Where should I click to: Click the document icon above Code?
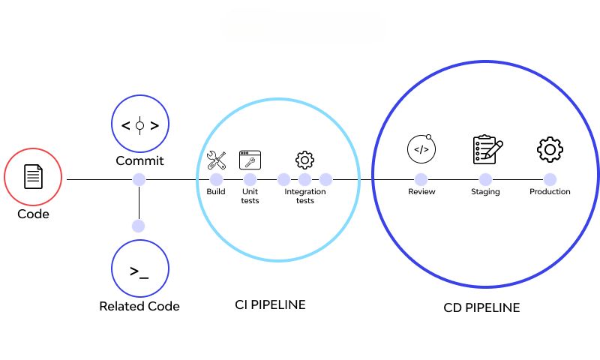click(33, 178)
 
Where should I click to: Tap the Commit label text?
click(139, 161)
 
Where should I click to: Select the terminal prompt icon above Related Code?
click(139, 271)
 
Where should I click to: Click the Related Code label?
click(139, 306)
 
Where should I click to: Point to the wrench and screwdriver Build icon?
click(217, 160)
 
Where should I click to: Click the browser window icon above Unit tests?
click(250, 160)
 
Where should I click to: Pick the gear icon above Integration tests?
click(304, 160)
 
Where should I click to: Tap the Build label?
click(216, 192)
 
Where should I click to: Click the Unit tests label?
click(250, 196)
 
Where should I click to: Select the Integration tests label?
click(304, 196)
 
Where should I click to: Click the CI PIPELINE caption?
click(270, 304)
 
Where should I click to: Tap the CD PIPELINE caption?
click(481, 307)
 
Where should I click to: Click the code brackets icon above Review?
click(421, 149)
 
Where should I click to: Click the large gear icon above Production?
click(550, 149)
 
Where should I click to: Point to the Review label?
click(421, 192)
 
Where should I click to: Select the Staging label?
click(485, 192)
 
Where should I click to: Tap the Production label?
click(550, 192)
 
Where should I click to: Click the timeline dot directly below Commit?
click(139, 179)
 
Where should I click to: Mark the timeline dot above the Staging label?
click(485, 179)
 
